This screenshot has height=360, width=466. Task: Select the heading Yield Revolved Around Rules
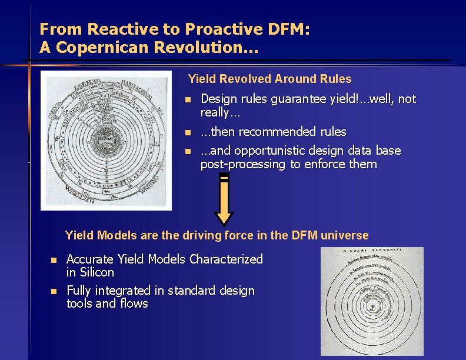(269, 79)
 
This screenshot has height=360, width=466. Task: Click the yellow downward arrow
(224, 201)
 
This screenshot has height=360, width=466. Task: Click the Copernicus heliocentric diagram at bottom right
(371, 301)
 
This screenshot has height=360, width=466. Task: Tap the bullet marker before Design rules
(187, 99)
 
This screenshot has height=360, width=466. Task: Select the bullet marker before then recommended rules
(187, 132)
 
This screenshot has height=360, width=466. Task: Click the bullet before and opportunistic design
(187, 152)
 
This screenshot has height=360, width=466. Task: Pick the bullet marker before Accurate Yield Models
(53, 260)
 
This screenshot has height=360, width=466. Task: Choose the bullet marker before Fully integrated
(53, 291)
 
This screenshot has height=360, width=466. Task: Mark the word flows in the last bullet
(134, 304)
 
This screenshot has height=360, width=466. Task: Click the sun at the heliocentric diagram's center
(370, 306)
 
